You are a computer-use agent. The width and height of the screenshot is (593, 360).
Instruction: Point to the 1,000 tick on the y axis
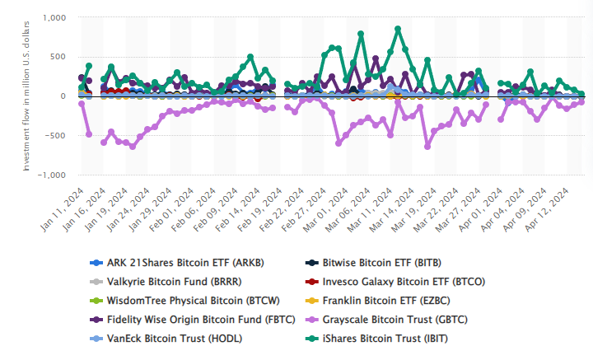pyautogui.click(x=54, y=17)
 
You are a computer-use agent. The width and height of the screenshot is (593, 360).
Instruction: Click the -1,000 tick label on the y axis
pyautogui.click(x=52, y=175)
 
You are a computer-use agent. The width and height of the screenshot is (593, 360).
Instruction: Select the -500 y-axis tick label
pyautogui.click(x=56, y=136)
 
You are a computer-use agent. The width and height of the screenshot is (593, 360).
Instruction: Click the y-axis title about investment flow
pyautogui.click(x=26, y=96)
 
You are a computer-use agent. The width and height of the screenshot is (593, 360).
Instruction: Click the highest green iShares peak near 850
pyautogui.click(x=398, y=29)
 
